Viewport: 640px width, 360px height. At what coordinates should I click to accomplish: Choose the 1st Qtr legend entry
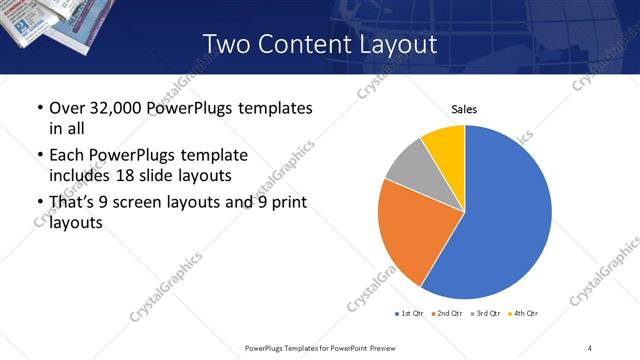point(409,313)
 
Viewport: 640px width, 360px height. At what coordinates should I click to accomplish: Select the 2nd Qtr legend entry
point(446,313)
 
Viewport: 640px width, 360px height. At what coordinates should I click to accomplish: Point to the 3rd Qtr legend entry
point(486,313)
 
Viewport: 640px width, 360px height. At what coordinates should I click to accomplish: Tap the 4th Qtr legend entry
point(523,313)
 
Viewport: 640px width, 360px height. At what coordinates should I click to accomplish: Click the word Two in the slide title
point(224,44)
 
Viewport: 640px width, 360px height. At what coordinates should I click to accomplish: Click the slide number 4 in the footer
point(589,347)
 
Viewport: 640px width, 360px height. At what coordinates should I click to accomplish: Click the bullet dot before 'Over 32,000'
point(39,108)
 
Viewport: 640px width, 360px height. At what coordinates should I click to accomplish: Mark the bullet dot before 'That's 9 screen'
point(39,203)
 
